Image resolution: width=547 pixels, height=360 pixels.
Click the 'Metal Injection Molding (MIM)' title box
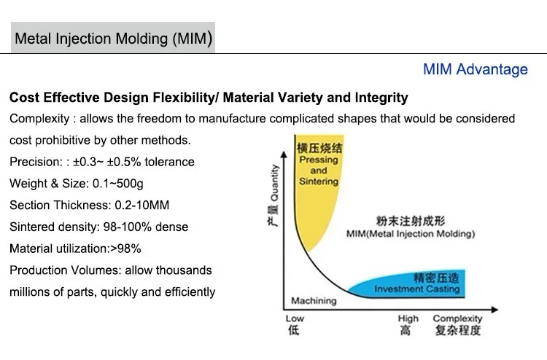(113, 39)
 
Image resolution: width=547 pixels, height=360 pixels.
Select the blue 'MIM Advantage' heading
(475, 69)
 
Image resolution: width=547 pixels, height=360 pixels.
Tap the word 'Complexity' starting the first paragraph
(40, 119)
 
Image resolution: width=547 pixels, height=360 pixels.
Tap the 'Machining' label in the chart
(314, 301)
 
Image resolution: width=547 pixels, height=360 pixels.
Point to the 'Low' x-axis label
(295, 318)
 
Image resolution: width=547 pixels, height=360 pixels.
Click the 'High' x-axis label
(408, 318)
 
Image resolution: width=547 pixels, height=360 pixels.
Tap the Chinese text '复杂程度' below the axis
(457, 331)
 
